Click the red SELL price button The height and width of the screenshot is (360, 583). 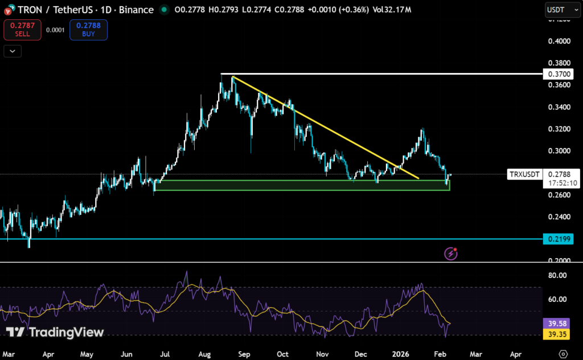pyautogui.click(x=22, y=30)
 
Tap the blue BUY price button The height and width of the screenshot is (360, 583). pyautogui.click(x=88, y=30)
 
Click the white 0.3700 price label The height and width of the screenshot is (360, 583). pyautogui.click(x=557, y=74)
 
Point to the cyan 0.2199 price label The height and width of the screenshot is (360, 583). pyautogui.click(x=557, y=239)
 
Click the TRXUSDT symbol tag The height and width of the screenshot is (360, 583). pyautogui.click(x=523, y=174)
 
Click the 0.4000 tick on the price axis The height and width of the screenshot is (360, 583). pyautogui.click(x=557, y=41)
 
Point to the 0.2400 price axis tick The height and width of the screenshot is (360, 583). pyautogui.click(x=557, y=216)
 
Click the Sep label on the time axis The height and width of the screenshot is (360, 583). pyautogui.click(x=244, y=354)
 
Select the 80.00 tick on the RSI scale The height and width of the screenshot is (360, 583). pyautogui.click(x=557, y=275)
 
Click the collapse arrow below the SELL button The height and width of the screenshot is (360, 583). pyautogui.click(x=13, y=51)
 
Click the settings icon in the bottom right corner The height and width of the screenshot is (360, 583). pyautogui.click(x=563, y=354)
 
